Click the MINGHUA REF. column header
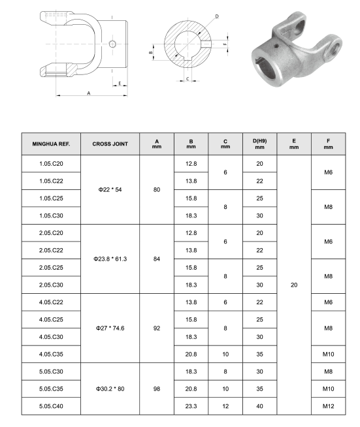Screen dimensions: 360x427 coord(51,144)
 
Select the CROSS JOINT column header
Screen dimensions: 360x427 coord(110,144)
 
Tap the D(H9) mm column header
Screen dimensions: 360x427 coord(259,144)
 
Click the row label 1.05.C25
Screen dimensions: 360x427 coord(51,198)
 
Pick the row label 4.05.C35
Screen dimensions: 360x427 coord(51,355)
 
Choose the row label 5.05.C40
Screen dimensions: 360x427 coord(51,406)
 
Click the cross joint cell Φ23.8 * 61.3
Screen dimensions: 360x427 coord(110,259)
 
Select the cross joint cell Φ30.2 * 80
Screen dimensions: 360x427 coord(110,389)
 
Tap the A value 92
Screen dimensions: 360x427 coord(157,328)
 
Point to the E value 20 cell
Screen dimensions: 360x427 coord(294,285)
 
